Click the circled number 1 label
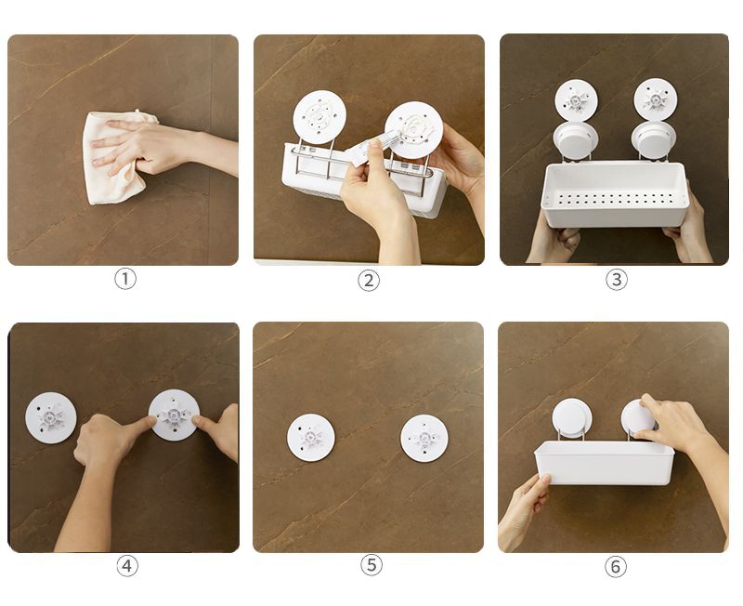coord(125,279)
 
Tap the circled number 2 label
coord(369,281)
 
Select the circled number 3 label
coord(617,279)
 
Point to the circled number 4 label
coord(127,566)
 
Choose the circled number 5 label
coord(371,565)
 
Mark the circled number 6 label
coord(616,566)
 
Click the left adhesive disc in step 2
coord(319,117)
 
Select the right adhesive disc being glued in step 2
coord(413,129)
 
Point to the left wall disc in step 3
coord(576,100)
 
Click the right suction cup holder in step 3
coord(654,139)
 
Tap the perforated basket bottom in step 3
coord(614,199)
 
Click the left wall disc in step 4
coord(51,417)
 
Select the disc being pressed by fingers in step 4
coord(174,415)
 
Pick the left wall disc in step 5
coord(311,437)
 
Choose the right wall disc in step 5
coord(424,438)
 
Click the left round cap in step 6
coord(572,418)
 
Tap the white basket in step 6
coord(605,462)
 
